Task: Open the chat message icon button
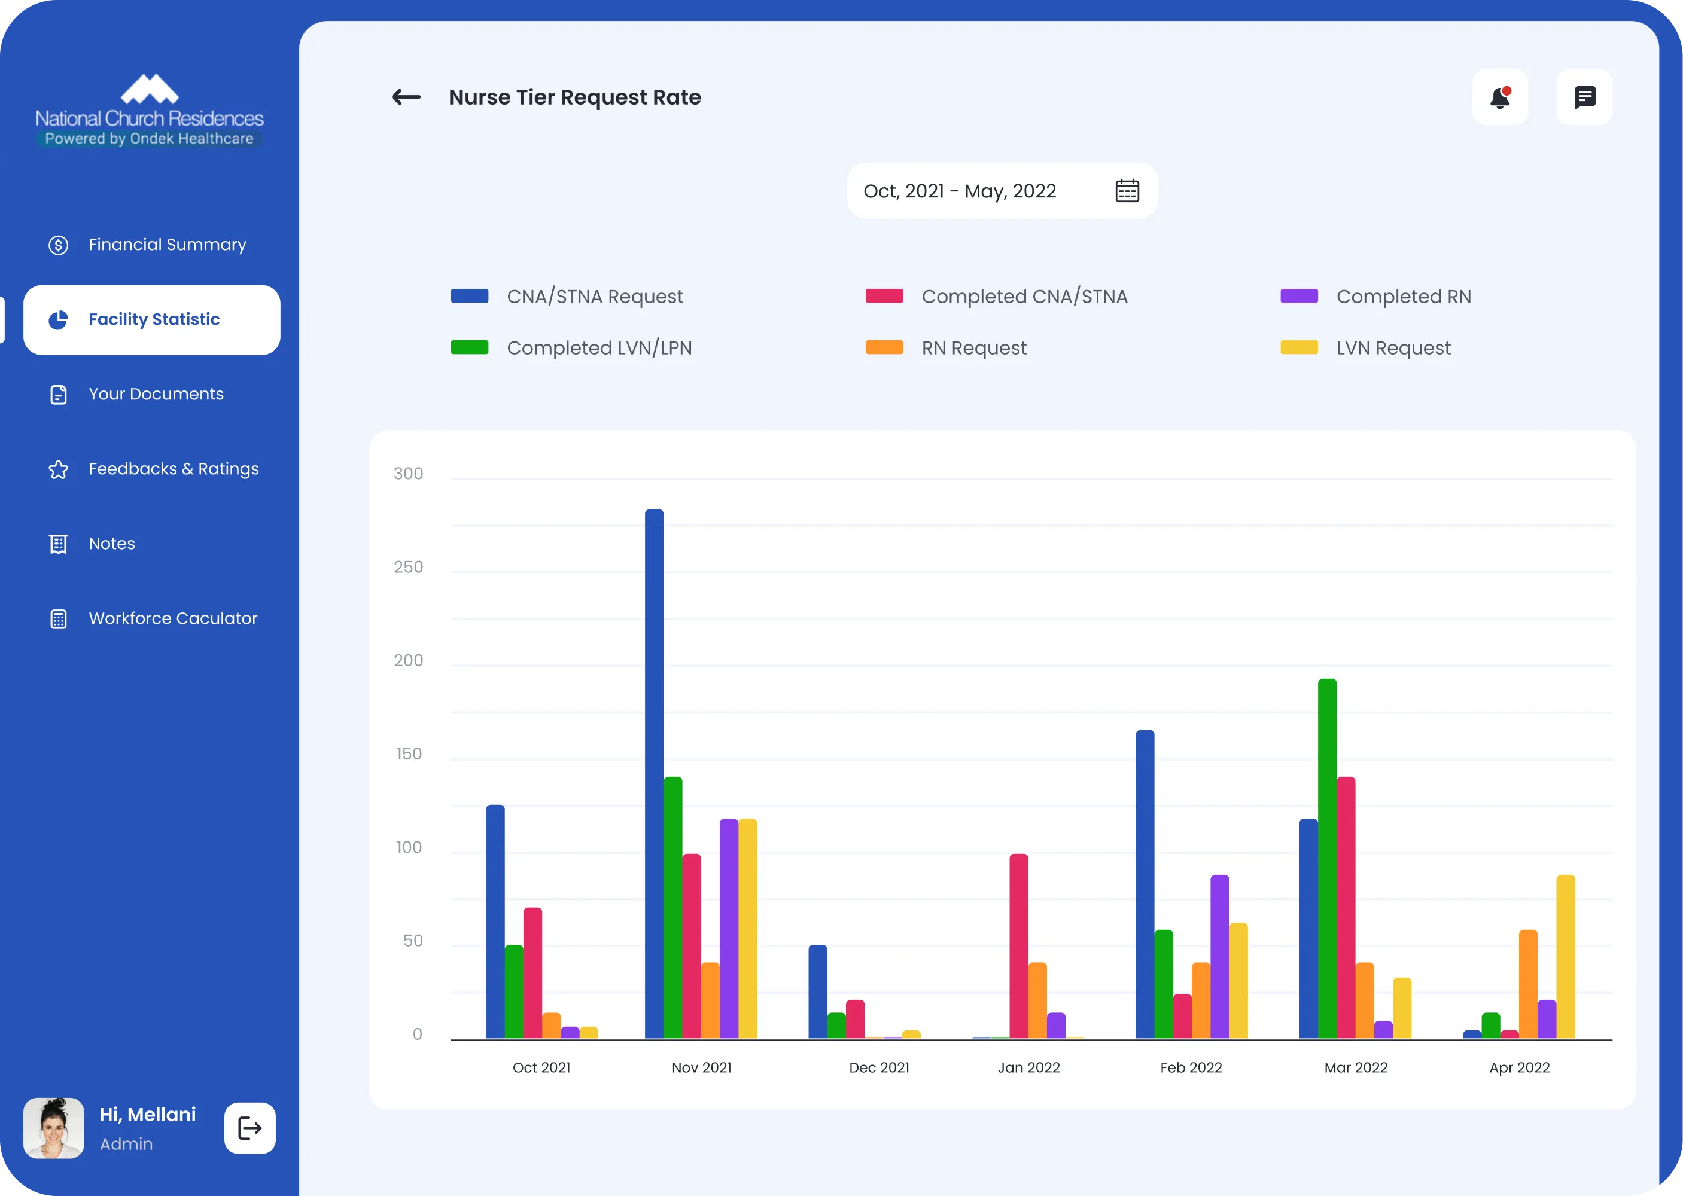pyautogui.click(x=1584, y=97)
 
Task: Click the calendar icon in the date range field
pyautogui.click(x=1127, y=191)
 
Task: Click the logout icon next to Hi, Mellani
pyautogui.click(x=250, y=1127)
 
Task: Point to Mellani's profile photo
pyautogui.click(x=54, y=1127)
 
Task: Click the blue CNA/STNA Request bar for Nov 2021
pyautogui.click(x=655, y=773)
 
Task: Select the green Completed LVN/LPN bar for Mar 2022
pyautogui.click(x=1327, y=858)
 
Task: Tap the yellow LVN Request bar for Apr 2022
pyautogui.click(x=1566, y=957)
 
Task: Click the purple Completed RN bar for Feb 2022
pyautogui.click(x=1219, y=957)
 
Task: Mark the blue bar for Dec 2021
pyautogui.click(x=818, y=991)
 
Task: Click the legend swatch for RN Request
pyautogui.click(x=884, y=347)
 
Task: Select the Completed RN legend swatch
pyautogui.click(x=1299, y=296)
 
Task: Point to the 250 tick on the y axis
pyautogui.click(x=408, y=567)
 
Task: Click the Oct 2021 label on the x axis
pyautogui.click(x=541, y=1068)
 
